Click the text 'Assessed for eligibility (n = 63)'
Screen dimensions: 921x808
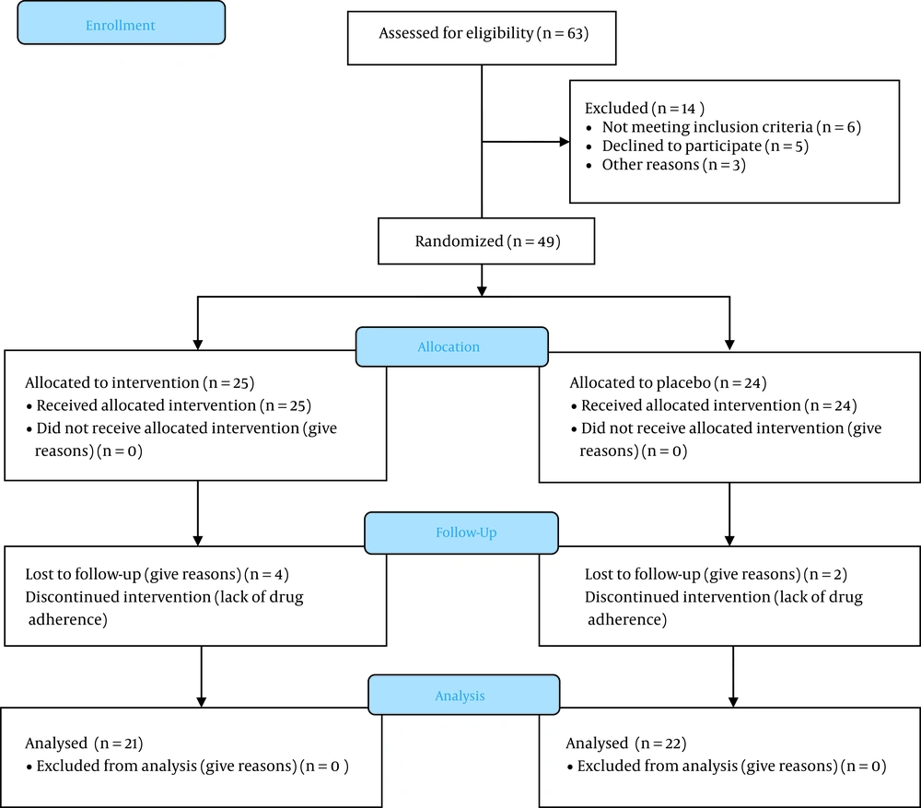tap(484, 33)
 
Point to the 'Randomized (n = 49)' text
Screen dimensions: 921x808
tap(487, 241)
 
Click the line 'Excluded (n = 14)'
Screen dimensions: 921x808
tap(645, 109)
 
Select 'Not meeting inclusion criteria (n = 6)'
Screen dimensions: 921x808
tap(731, 127)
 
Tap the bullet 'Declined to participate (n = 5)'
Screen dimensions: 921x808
tap(705, 146)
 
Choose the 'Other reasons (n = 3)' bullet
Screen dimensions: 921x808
tap(674, 165)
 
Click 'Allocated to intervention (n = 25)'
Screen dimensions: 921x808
tap(140, 383)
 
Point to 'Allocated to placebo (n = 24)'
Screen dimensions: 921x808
tap(668, 383)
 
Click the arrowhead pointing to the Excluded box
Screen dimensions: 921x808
tap(565, 142)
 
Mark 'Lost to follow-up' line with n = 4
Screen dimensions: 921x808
tap(157, 575)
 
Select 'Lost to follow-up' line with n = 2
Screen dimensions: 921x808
tap(716, 575)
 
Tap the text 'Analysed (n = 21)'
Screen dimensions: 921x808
tap(84, 744)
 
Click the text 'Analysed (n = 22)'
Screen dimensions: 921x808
tap(626, 744)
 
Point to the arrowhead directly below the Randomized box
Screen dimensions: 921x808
tap(482, 291)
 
